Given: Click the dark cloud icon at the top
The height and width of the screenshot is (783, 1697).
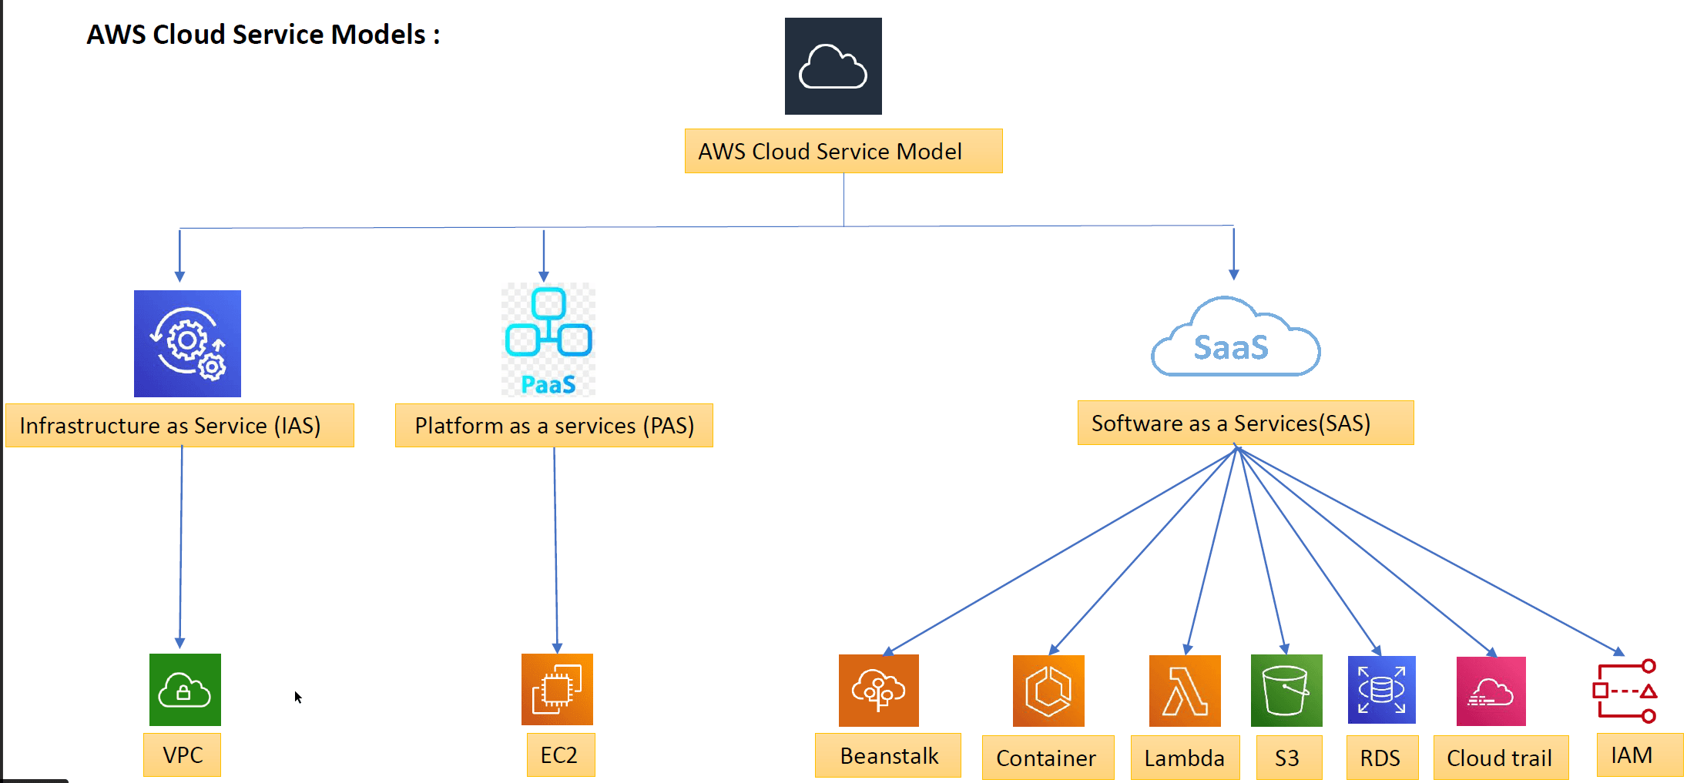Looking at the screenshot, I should point(833,66).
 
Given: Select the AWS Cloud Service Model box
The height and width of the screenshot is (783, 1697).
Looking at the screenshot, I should point(843,151).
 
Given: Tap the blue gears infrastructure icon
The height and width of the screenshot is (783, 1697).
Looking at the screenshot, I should point(187,343).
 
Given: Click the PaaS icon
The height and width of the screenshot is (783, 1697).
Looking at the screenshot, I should point(548,340).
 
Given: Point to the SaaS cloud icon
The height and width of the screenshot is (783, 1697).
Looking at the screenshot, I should point(1235,340).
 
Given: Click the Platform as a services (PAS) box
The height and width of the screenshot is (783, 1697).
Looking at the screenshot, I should point(554,425).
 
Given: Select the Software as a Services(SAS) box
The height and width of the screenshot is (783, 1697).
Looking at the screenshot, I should point(1245,423).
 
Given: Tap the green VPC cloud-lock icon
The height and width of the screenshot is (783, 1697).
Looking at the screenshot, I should point(185,690).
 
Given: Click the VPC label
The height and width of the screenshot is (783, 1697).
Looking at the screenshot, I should point(183,755).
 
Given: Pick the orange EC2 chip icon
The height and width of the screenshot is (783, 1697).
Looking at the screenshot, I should point(557,690).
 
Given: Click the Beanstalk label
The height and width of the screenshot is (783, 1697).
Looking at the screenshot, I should point(888,756).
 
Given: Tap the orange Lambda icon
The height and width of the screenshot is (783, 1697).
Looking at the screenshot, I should point(1185,691).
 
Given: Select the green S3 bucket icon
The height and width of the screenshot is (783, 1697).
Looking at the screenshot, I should point(1286,691).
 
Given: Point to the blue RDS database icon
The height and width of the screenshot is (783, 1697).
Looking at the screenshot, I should point(1381,690).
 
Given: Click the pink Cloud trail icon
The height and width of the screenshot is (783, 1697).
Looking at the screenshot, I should point(1491,691).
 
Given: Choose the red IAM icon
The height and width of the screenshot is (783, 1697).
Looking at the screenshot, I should point(1625,691).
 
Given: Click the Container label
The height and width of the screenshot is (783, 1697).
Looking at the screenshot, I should point(1047,758).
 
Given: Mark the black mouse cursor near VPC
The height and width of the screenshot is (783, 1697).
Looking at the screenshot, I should point(297,697).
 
